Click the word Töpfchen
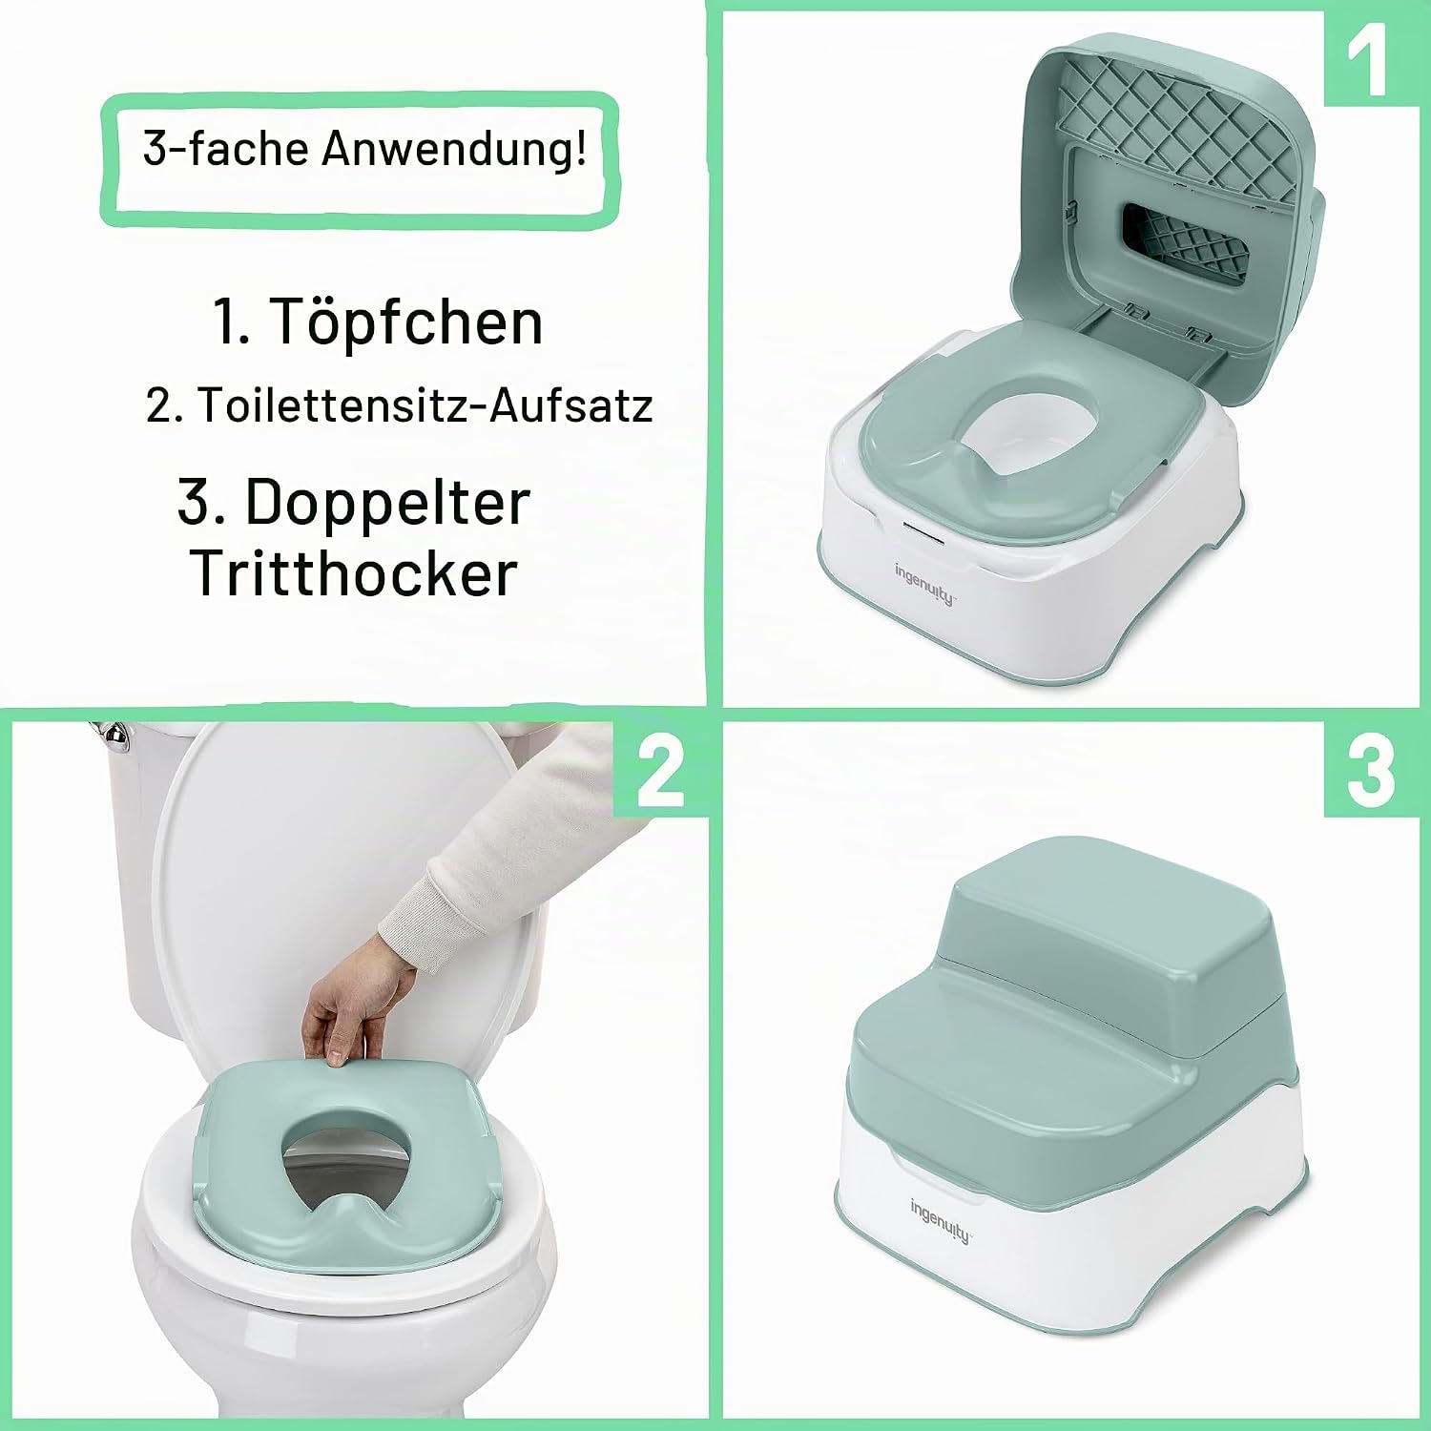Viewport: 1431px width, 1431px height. click(407, 322)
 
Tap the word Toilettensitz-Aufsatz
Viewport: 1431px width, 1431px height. click(425, 405)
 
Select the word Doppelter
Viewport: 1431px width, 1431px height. click(387, 503)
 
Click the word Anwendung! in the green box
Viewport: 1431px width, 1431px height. click(454, 149)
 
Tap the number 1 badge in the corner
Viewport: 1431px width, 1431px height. click(1369, 59)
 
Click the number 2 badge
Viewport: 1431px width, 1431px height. click(660, 770)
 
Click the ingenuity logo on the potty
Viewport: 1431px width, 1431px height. click(924, 584)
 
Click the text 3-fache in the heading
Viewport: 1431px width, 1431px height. click(225, 149)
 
